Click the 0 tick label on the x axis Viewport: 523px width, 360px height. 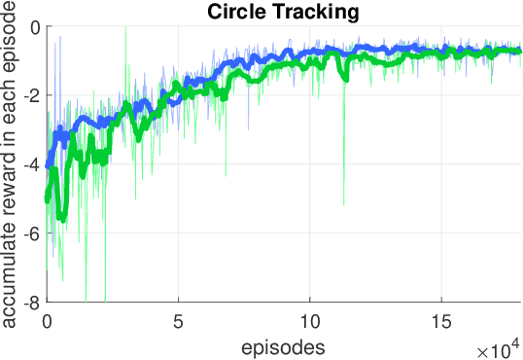pyautogui.click(x=47, y=320)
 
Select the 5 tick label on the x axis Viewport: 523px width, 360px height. pyautogui.click(x=179, y=320)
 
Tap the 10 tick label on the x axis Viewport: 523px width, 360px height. pyautogui.click(x=310, y=320)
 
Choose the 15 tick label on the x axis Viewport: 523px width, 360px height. pyautogui.click(x=442, y=320)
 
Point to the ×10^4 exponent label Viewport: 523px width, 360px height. pyautogui.click(x=500, y=347)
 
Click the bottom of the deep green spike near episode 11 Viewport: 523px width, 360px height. pyautogui.click(x=343, y=205)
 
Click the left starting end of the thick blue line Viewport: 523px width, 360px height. pyautogui.click(x=48, y=165)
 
